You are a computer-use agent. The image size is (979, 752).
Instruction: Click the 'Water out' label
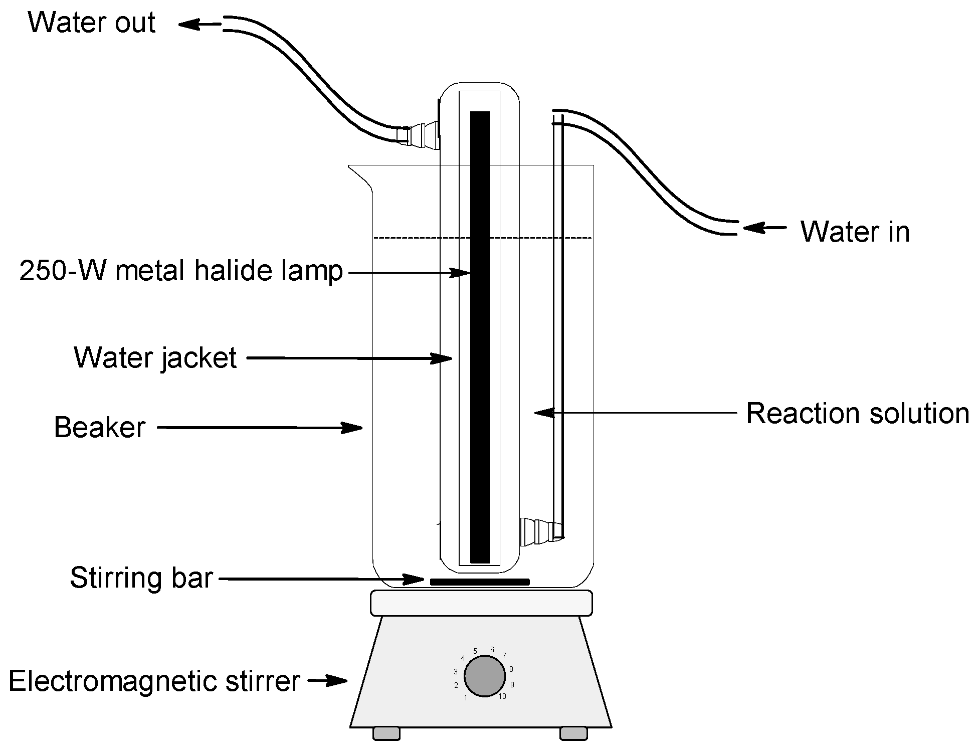click(91, 23)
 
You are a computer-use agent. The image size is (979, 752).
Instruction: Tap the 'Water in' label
click(854, 232)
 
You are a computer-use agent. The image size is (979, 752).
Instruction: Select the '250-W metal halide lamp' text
click(180, 271)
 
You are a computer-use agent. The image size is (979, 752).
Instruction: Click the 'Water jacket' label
click(155, 358)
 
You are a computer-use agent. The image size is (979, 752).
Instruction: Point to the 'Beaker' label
click(99, 428)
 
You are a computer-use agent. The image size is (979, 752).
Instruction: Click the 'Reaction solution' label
click(857, 414)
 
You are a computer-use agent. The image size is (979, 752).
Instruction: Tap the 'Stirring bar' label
click(141, 578)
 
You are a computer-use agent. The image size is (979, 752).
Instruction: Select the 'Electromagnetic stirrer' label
click(154, 681)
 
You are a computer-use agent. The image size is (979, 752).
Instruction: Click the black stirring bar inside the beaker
click(480, 582)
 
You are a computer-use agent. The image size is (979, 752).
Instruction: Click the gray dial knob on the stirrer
click(484, 676)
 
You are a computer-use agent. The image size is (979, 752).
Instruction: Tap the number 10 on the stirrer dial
click(502, 696)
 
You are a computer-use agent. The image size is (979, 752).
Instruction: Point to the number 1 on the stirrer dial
click(466, 698)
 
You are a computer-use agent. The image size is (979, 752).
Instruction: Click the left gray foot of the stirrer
click(386, 733)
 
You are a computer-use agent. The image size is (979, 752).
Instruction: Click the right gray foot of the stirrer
click(573, 733)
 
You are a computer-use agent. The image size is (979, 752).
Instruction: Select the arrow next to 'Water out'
click(199, 24)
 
